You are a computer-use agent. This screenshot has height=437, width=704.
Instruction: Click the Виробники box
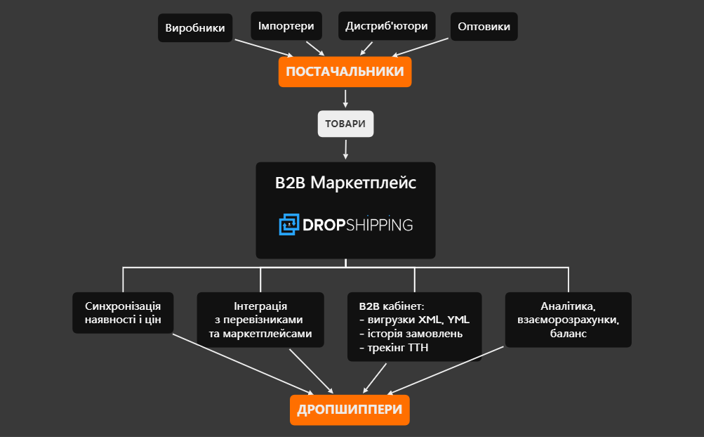click(194, 28)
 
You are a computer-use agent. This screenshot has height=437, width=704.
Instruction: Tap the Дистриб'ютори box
click(387, 26)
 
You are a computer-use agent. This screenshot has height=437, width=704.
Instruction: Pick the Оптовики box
click(484, 27)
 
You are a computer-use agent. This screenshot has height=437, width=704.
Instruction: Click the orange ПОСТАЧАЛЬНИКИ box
click(345, 72)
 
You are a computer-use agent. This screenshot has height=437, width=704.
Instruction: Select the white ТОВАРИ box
click(345, 124)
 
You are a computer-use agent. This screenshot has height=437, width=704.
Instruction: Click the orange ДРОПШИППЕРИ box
click(349, 410)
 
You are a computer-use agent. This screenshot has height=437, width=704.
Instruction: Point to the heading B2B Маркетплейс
click(345, 183)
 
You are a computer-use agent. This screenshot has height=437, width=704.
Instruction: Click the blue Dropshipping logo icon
click(288, 225)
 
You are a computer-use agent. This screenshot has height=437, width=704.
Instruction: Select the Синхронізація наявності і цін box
click(123, 313)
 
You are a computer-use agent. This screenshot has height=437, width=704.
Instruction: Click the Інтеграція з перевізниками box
click(260, 320)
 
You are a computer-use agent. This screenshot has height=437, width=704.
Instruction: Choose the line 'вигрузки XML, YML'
click(413, 320)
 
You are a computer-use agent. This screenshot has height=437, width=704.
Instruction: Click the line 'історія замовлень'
click(410, 334)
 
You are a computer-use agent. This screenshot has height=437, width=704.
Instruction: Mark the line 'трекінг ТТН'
click(393, 348)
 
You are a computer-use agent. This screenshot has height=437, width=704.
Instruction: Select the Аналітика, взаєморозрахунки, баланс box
click(568, 320)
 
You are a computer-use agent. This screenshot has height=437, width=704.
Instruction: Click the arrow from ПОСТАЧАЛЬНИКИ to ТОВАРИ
click(345, 98)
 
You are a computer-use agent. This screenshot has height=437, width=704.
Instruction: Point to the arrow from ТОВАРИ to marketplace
click(345, 148)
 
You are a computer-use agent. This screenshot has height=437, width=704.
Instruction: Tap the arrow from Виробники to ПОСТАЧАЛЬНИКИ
click(263, 48)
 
